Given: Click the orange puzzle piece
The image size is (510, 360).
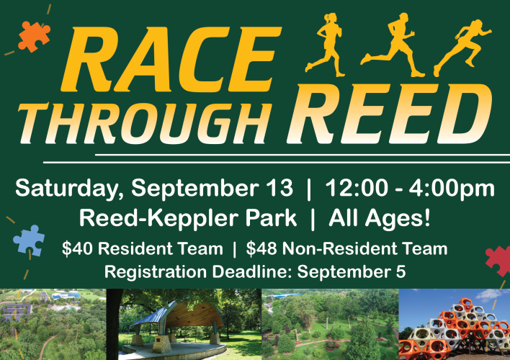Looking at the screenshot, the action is tap(34, 37).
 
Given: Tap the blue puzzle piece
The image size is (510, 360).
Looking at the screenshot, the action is tap(30, 240).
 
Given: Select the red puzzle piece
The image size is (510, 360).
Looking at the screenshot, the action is tap(498, 261).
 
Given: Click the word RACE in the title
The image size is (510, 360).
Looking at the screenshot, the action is tap(171, 60).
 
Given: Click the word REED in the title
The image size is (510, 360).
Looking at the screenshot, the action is tap(389, 114).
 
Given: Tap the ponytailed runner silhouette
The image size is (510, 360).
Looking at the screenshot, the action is tap(326, 45).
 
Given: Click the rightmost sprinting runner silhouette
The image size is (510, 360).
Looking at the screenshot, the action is tap(462, 48).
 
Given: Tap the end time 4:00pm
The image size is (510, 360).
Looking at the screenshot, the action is tap(452, 189).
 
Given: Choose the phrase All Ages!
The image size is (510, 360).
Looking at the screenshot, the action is tap(380, 218).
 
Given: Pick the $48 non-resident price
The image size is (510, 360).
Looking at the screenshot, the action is tap(261, 248).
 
